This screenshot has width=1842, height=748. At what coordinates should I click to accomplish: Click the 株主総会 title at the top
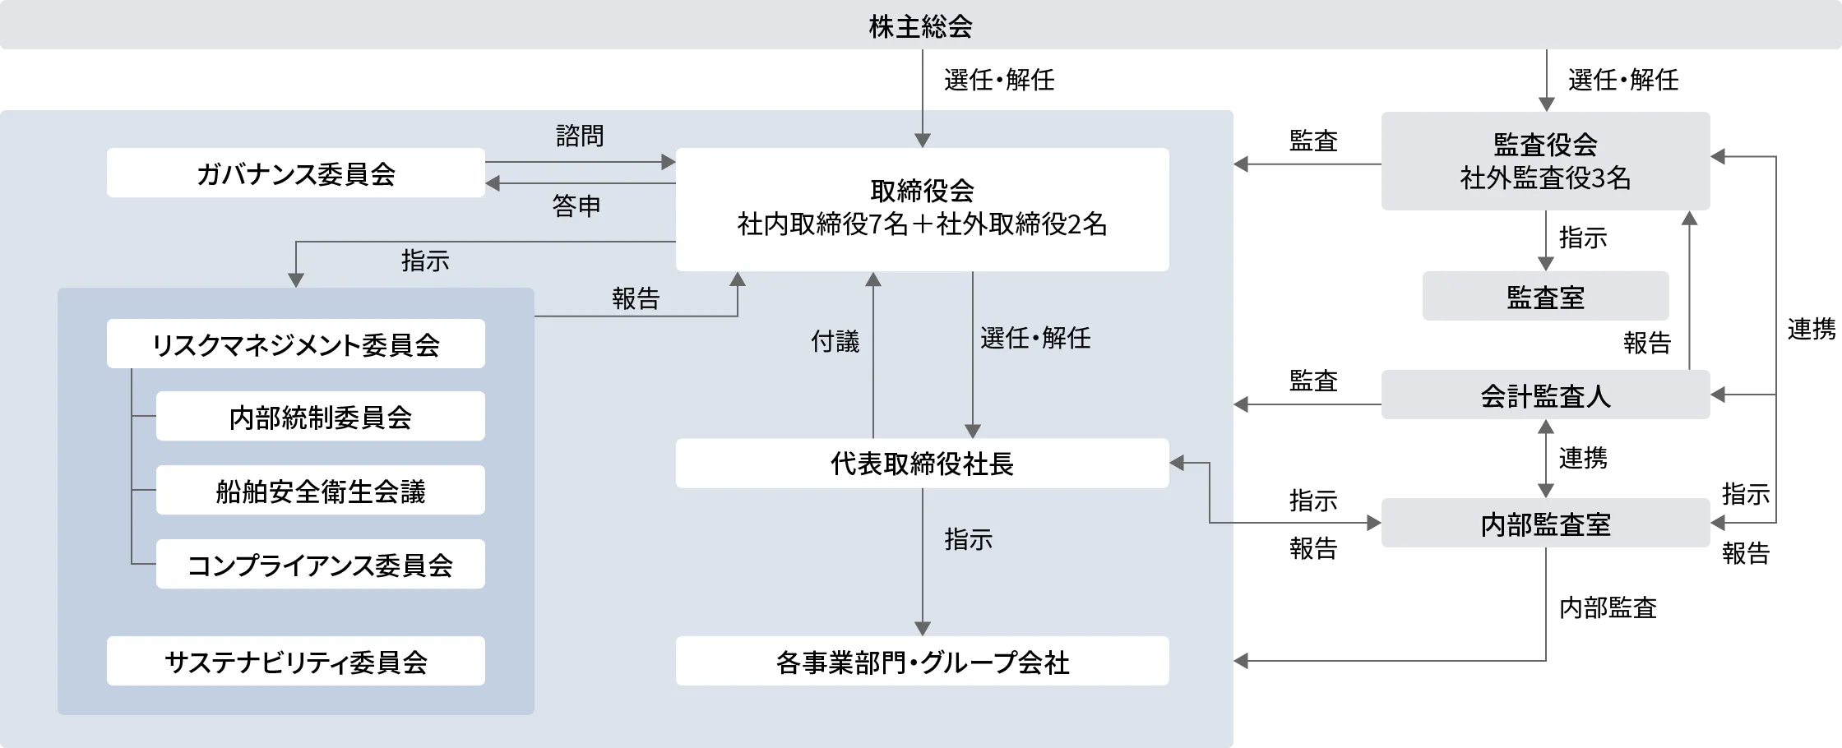click(920, 26)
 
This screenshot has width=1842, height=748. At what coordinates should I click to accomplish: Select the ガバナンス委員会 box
click(296, 173)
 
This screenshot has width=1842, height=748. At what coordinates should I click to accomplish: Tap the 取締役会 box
click(922, 209)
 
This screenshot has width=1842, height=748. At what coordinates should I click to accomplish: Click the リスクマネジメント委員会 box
click(296, 344)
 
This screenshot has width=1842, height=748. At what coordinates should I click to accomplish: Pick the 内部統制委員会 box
click(321, 417)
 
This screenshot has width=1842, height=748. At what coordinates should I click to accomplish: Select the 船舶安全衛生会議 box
click(321, 491)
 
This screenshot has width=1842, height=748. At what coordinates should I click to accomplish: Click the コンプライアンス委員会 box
click(321, 564)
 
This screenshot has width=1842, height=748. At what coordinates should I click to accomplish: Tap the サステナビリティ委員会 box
click(296, 661)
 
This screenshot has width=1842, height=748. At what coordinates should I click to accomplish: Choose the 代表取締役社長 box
click(922, 464)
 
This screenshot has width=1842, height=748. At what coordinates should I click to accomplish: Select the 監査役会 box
click(1545, 161)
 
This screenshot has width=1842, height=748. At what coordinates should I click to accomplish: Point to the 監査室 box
click(1545, 296)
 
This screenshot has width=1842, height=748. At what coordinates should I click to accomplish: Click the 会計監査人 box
click(1545, 395)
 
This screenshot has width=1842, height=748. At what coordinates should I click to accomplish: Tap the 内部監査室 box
click(1545, 523)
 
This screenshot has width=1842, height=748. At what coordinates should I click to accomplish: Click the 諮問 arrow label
click(580, 136)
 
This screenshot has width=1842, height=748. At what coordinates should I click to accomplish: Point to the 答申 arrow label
click(576, 205)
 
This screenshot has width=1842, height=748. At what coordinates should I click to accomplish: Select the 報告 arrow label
click(636, 298)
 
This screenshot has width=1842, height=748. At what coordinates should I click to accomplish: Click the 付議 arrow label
click(835, 340)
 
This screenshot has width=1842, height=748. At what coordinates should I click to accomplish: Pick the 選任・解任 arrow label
click(1035, 337)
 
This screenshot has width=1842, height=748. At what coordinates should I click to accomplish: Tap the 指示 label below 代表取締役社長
click(969, 539)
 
